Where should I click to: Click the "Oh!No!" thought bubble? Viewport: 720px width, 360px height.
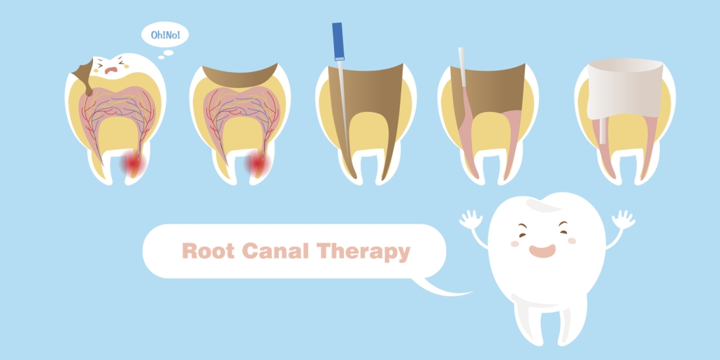pyautogui.click(x=165, y=35)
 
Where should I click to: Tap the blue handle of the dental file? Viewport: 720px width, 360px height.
pyautogui.click(x=338, y=41)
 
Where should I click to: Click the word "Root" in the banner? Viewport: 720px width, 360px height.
pyautogui.click(x=208, y=251)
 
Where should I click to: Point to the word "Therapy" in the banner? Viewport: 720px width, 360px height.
pyautogui.click(x=363, y=252)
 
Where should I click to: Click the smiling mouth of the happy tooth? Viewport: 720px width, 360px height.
pyautogui.click(x=542, y=251)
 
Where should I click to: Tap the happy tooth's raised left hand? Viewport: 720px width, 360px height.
pyautogui.click(x=470, y=219)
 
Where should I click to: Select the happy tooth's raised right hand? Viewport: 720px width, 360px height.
pyautogui.click(x=624, y=219)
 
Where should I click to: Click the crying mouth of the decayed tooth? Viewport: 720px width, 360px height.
pyautogui.click(x=110, y=71)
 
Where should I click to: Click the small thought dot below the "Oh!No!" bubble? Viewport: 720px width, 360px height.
pyautogui.click(x=168, y=53)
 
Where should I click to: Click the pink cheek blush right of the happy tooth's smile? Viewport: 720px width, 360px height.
pyautogui.click(x=571, y=240)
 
